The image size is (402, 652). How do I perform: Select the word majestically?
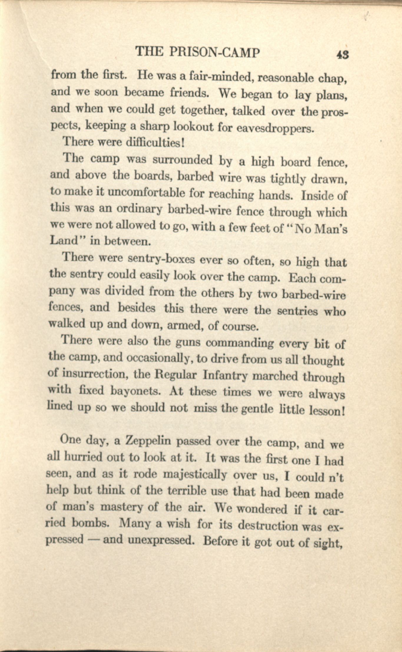(x=195, y=475)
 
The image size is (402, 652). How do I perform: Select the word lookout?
(x=193, y=127)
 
